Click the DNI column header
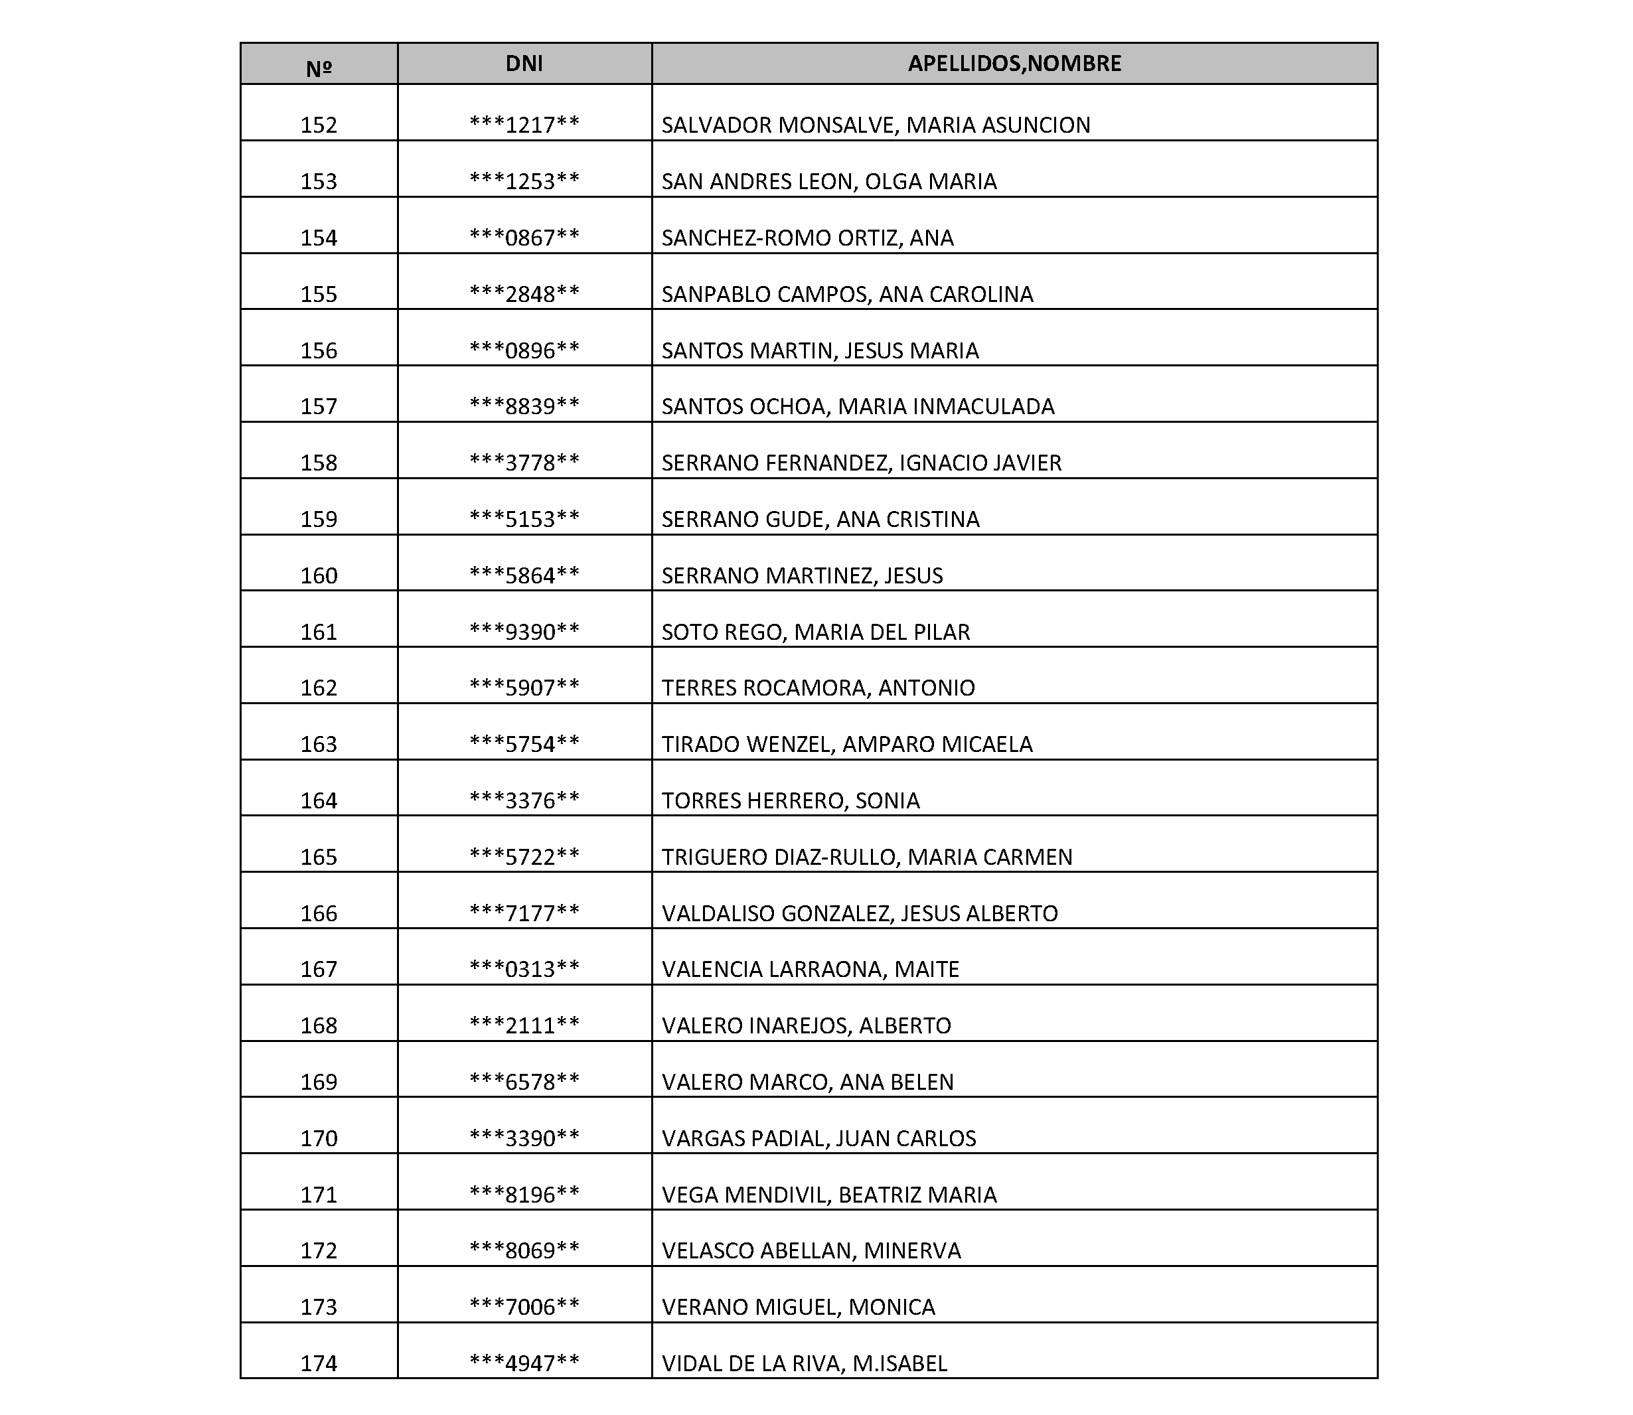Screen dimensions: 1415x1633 pyautogui.click(x=524, y=64)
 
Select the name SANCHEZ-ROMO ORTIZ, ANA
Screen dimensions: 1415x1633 pyautogui.click(x=807, y=238)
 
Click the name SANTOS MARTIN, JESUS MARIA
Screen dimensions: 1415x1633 pyautogui.click(x=820, y=350)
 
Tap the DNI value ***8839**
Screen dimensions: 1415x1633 pyautogui.click(x=524, y=407)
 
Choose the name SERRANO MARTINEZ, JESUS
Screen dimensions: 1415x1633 pyautogui.click(x=801, y=575)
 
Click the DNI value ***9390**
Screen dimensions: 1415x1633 pyautogui.click(x=524, y=632)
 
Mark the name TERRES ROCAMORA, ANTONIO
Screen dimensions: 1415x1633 pyautogui.click(x=818, y=688)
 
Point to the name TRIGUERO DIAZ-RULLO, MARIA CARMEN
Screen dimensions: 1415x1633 pyautogui.click(x=866, y=857)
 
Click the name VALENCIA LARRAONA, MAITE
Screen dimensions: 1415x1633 pyautogui.click(x=810, y=970)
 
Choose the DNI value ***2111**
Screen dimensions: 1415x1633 pyautogui.click(x=524, y=1025)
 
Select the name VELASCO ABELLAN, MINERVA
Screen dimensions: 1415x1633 pyautogui.click(x=811, y=1251)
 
